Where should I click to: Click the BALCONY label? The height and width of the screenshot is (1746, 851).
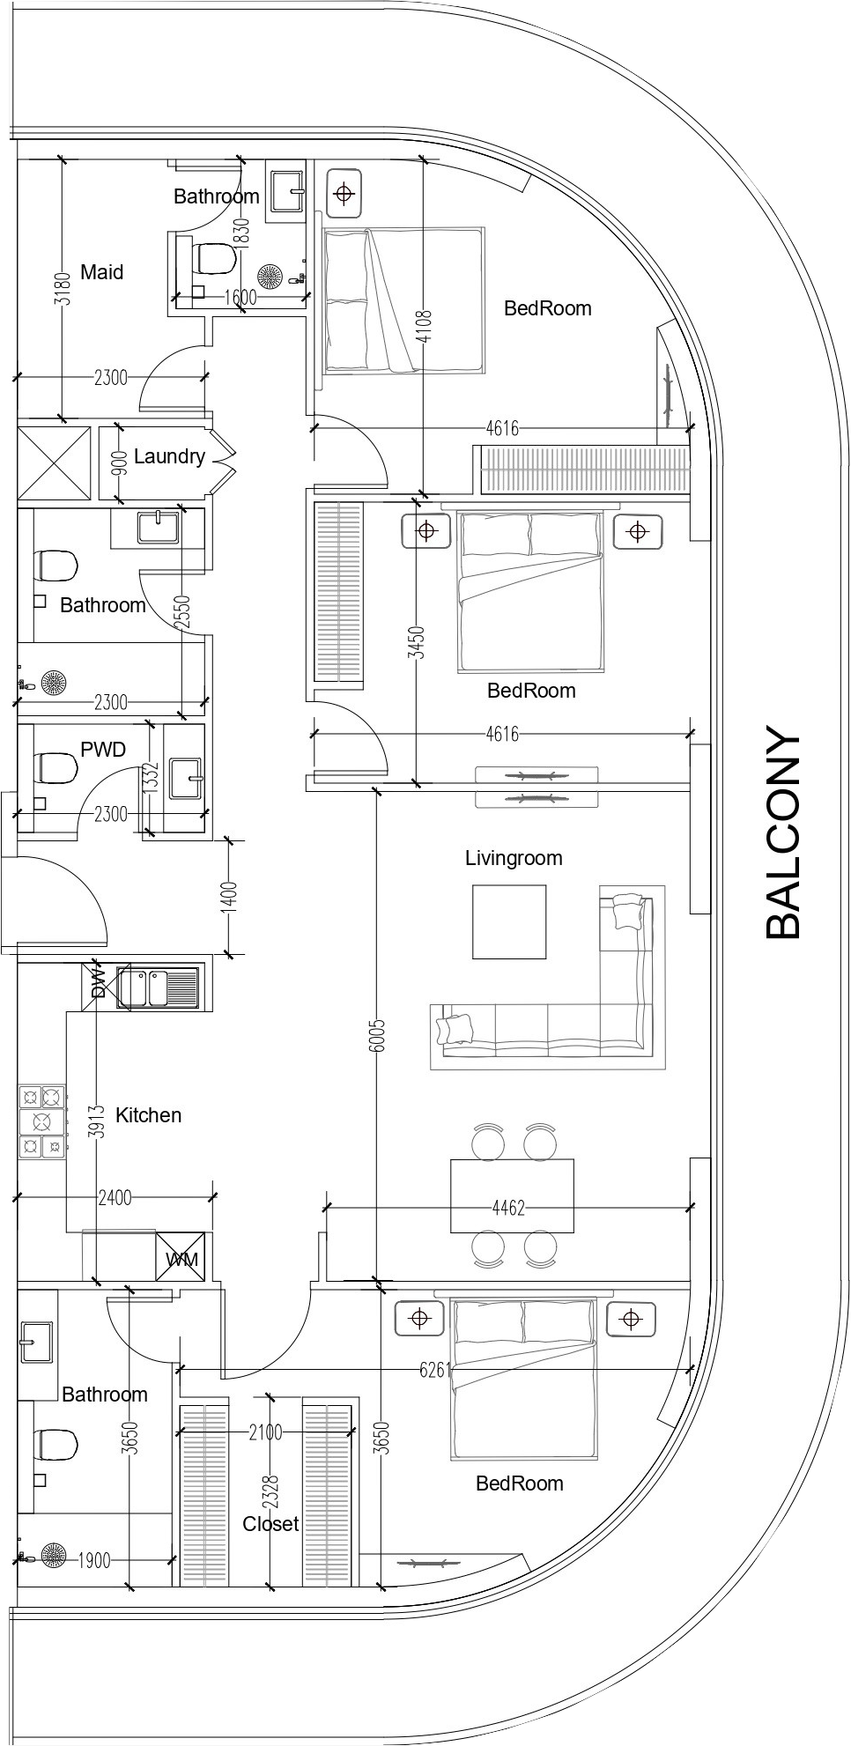point(783,832)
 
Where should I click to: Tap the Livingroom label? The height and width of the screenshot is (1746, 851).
point(514,858)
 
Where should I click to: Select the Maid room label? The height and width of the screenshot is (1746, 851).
point(102,272)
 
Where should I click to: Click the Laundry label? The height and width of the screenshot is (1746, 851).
point(169,456)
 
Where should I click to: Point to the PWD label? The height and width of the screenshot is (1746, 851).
point(103,750)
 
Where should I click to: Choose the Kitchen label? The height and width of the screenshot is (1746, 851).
point(148,1115)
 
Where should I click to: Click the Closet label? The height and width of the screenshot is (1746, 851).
point(270,1524)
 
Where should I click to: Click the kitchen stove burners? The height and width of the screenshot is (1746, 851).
point(42,1121)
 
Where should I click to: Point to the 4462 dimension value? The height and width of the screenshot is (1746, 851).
point(508,1207)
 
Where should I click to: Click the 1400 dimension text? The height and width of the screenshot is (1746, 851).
point(230,898)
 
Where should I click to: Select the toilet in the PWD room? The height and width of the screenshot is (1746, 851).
point(55,768)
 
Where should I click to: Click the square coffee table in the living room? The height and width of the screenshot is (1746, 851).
point(509,921)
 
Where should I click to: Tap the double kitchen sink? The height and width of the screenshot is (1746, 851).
point(159,988)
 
